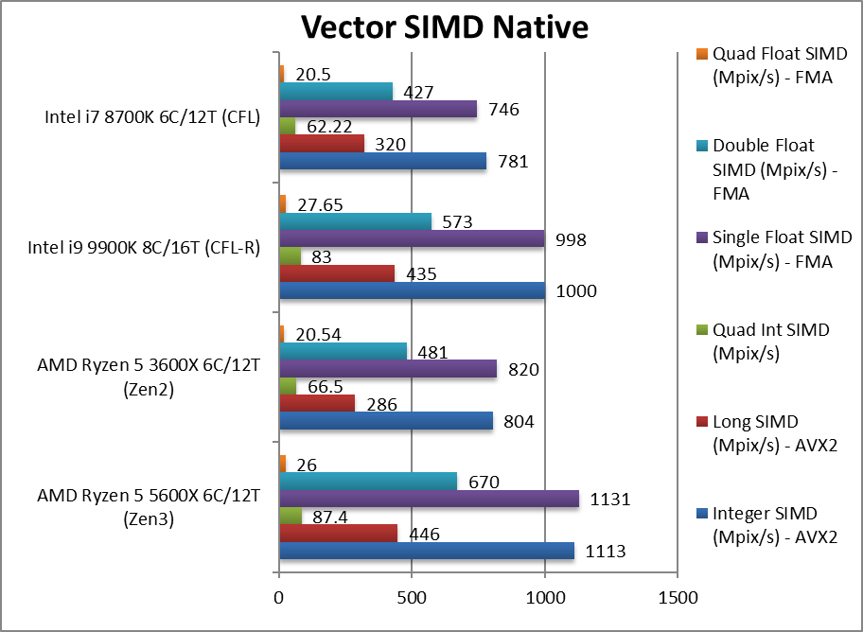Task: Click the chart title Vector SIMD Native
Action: pyautogui.click(x=444, y=27)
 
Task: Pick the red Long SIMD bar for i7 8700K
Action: pyautogui.click(x=322, y=144)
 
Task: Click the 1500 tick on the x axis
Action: pyautogui.click(x=678, y=598)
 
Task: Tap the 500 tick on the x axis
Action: pyautogui.click(x=412, y=598)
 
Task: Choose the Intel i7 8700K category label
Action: pyautogui.click(x=152, y=118)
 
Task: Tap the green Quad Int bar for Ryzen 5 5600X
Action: pyautogui.click(x=290, y=517)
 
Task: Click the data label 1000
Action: pyautogui.click(x=576, y=290)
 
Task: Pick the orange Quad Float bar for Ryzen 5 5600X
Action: pyautogui.click(x=282, y=464)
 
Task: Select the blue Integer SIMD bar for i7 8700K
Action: pyautogui.click(x=382, y=162)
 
